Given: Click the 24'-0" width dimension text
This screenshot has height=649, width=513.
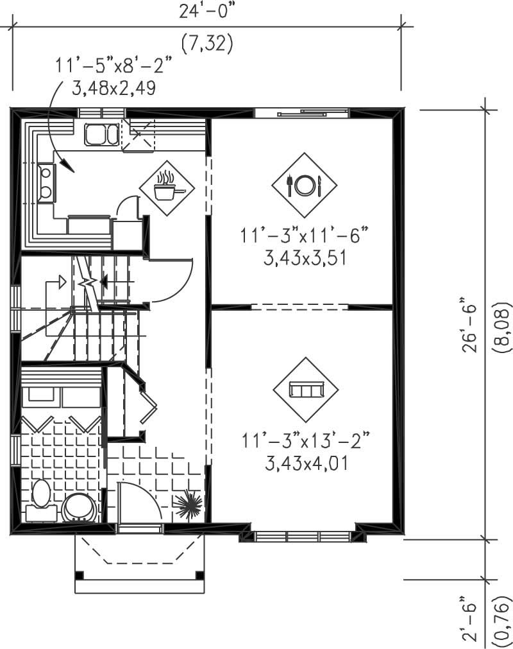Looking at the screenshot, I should [x=206, y=12].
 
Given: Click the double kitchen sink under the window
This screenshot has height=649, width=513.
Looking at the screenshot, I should [x=101, y=135].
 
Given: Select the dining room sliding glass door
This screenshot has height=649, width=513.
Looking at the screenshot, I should [x=301, y=114].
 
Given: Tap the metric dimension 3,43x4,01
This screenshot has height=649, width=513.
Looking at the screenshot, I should [x=305, y=463].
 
